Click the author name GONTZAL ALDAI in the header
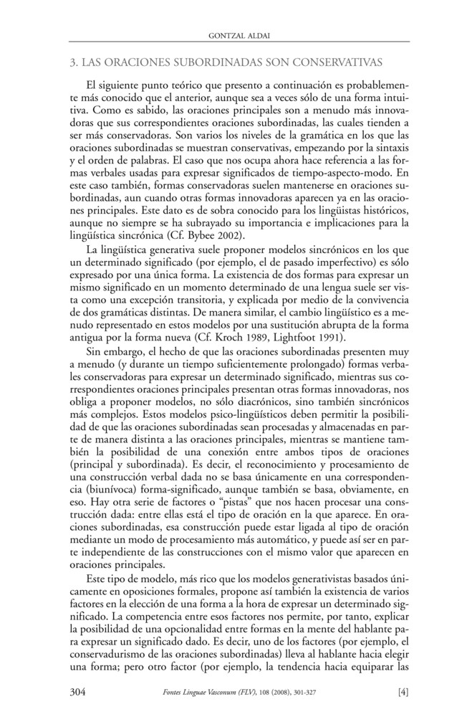(231, 33)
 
